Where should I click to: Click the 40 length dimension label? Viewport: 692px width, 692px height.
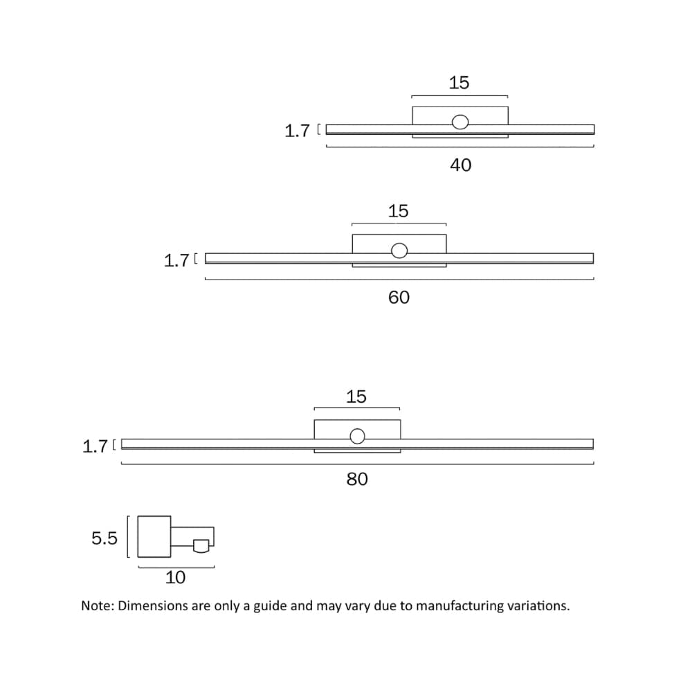[460, 165]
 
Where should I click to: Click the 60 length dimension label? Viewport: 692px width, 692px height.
[399, 297]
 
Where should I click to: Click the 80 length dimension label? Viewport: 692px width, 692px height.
[357, 479]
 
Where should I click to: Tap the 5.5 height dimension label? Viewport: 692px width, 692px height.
[104, 538]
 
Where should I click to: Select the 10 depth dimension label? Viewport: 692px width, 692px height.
[175, 577]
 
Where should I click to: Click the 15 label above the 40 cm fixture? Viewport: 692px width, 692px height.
[459, 83]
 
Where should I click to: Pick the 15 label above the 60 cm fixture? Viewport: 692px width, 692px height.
[398, 211]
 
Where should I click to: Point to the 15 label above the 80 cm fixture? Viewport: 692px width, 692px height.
[356, 397]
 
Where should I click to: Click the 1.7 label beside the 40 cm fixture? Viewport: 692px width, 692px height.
[297, 131]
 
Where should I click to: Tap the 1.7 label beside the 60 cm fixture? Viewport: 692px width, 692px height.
[176, 261]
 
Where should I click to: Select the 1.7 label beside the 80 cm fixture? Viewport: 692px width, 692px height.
[95, 446]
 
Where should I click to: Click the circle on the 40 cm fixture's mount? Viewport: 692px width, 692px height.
[459, 122]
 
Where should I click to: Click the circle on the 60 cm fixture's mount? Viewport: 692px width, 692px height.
[399, 251]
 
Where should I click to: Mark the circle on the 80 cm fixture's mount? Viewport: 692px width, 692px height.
[357, 436]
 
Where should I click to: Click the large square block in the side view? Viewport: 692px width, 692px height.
[154, 536]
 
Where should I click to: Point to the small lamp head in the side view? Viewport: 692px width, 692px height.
[201, 545]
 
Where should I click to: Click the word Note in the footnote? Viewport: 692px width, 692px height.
[96, 605]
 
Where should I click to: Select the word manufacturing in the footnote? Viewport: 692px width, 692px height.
[462, 605]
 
